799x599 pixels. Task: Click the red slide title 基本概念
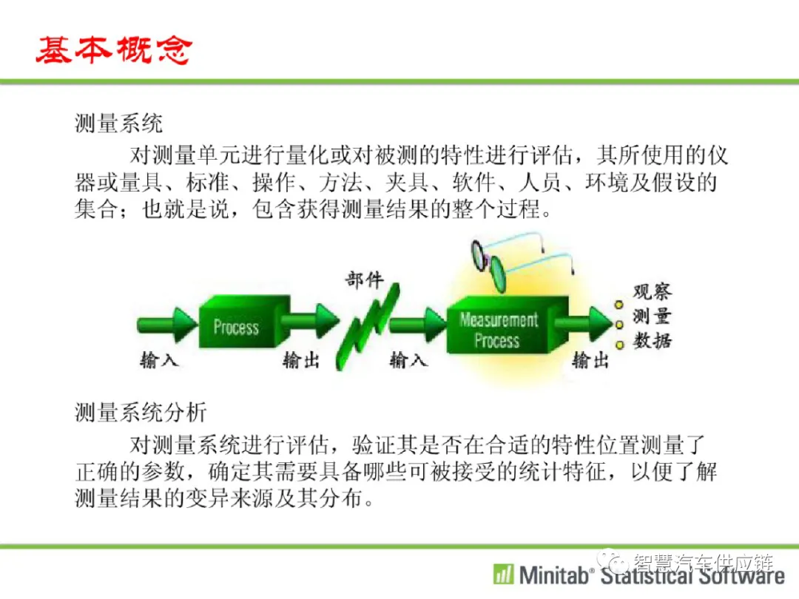coord(114,50)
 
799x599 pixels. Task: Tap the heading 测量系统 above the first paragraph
coord(118,123)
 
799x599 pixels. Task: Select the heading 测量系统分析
coord(141,412)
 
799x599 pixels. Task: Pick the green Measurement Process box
coord(507,325)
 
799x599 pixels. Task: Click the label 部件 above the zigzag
coord(364,280)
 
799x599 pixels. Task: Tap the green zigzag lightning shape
coord(368,326)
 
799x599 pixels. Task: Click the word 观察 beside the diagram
coord(653,291)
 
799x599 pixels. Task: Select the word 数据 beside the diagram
coord(653,340)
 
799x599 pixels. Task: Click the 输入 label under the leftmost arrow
coord(158,360)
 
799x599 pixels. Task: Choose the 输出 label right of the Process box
coord(301,360)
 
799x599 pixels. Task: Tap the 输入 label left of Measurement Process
coord(408,360)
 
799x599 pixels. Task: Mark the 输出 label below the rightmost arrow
coord(590,360)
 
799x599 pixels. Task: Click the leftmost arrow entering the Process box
coord(167,324)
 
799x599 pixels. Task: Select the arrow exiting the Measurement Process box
coord(584,323)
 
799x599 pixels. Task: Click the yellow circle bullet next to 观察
coord(618,305)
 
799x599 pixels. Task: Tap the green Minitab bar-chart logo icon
coord(504,574)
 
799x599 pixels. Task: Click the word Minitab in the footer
coord(554,575)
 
